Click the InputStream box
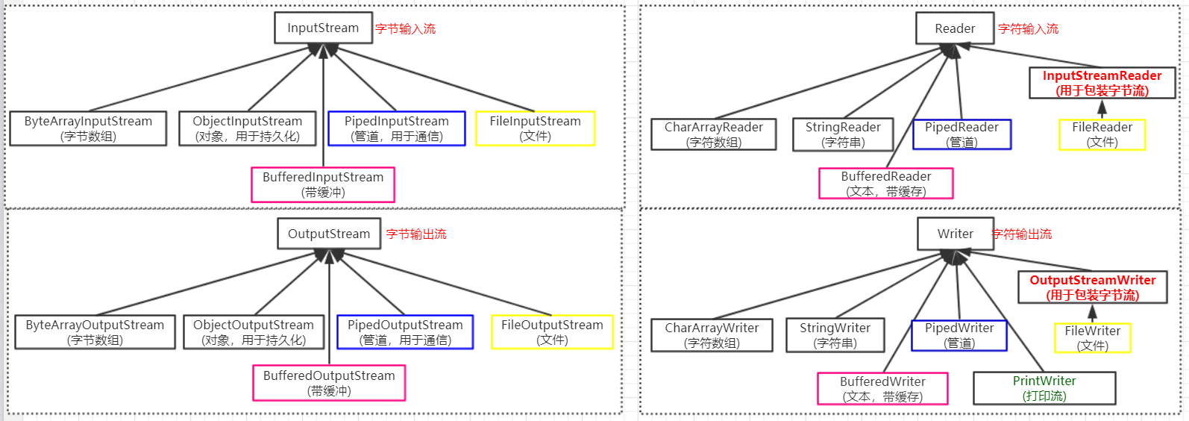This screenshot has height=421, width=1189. tap(323, 28)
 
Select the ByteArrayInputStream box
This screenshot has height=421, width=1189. tap(88, 128)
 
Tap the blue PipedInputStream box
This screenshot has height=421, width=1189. tap(396, 128)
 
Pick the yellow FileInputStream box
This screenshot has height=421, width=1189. tap(535, 128)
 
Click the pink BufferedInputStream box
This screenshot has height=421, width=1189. tap(323, 184)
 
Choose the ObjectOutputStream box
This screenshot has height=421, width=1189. tap(254, 332)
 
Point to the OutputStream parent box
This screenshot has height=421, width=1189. tap(329, 234)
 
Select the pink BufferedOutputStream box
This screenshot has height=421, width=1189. tap(329, 383)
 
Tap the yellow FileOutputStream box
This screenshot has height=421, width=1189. tap(552, 332)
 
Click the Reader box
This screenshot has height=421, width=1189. tap(955, 28)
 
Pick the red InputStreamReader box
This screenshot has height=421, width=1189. tap(1102, 83)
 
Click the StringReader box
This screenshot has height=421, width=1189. tap(843, 134)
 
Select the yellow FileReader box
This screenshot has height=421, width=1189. tap(1102, 134)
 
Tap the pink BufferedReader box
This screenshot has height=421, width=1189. tap(886, 184)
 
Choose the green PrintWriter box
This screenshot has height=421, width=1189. tap(1044, 388)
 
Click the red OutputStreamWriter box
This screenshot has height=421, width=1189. tap(1093, 287)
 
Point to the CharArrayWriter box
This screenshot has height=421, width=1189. tap(712, 335)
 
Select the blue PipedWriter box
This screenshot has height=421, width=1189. tap(959, 335)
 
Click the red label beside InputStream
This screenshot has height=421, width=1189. tap(406, 29)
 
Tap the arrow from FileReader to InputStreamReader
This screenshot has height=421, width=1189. tap(1102, 109)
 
